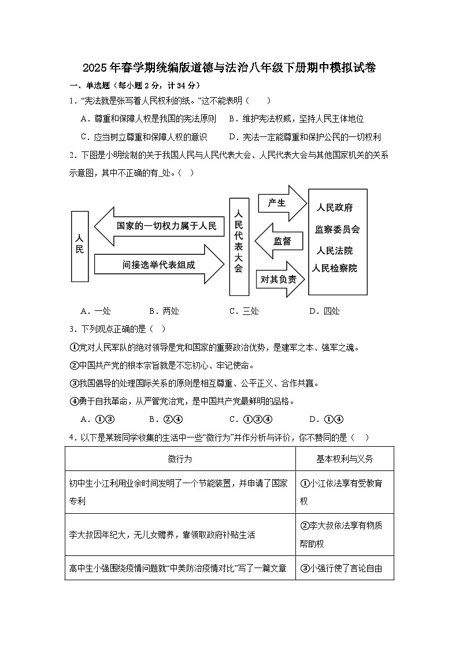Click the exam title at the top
tap(229, 68)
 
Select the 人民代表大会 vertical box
tap(238, 246)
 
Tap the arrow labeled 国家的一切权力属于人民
tap(159, 226)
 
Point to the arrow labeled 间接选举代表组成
tap(159, 265)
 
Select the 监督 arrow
tap(280, 241)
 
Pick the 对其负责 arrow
tap(280, 279)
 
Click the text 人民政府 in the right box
tap(335, 207)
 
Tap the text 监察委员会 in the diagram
tap(337, 229)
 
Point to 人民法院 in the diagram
tap(335, 251)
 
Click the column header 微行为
tap(180, 459)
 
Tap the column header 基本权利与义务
tap(345, 459)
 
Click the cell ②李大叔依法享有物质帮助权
tap(345, 535)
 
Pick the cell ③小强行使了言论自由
tap(345, 568)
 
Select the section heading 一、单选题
tap(92, 85)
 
